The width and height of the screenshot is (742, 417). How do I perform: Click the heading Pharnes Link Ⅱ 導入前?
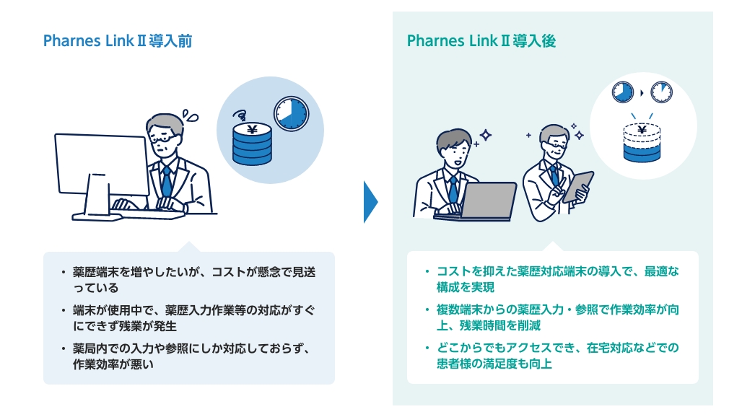(118, 40)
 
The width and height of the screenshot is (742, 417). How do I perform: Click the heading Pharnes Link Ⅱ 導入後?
(481, 40)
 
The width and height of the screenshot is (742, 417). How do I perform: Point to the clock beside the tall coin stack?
(290, 114)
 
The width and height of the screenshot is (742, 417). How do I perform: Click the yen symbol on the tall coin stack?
(252, 130)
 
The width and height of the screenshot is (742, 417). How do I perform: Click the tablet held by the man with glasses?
(578, 186)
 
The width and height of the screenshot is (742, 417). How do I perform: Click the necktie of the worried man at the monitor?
(167, 180)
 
